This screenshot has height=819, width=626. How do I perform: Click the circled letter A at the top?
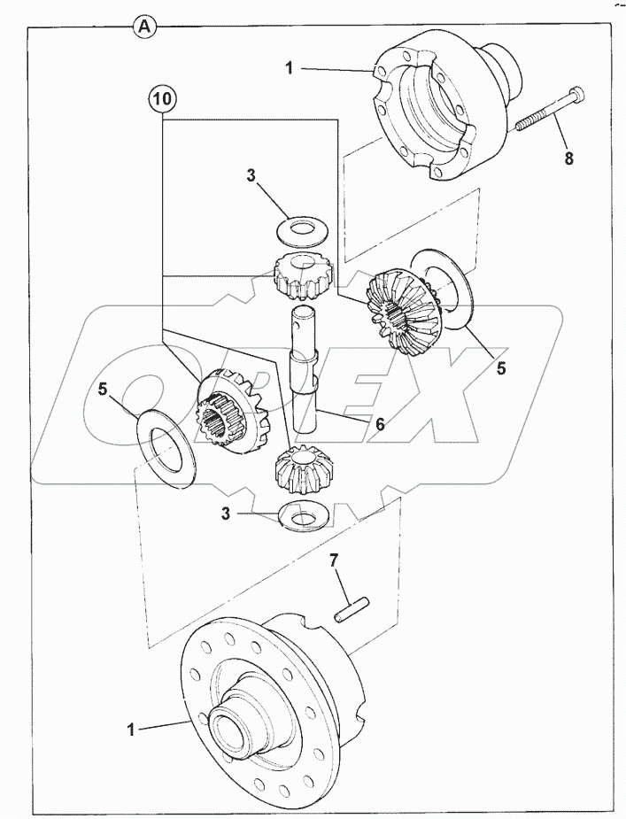(146, 27)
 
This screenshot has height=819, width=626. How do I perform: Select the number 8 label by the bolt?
(568, 159)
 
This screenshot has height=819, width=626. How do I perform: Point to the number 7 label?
(335, 560)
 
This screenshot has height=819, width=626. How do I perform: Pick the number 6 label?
(379, 424)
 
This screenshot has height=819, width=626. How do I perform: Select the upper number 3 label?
(251, 176)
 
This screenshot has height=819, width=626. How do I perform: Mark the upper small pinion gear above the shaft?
(303, 274)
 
